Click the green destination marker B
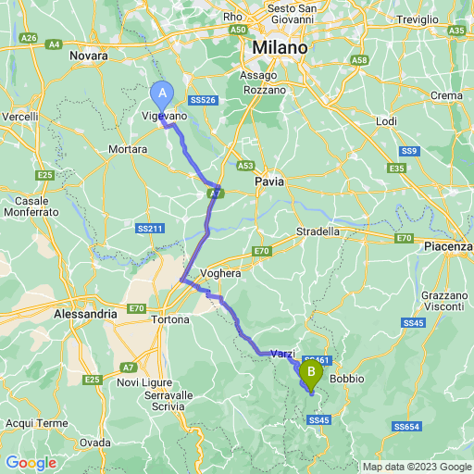point(310,375)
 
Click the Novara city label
point(88,56)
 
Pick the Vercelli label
point(20,117)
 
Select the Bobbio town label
point(347,379)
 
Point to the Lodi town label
point(386,121)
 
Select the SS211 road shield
point(149,228)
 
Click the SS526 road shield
point(201,100)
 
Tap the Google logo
point(31,462)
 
